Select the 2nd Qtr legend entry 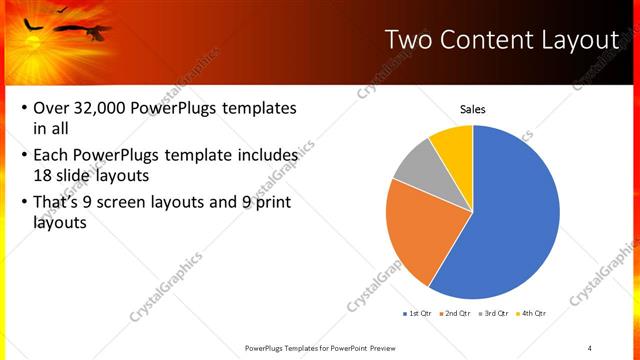pyautogui.click(x=457, y=313)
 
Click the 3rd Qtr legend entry pyautogui.click(x=495, y=313)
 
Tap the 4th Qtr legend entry pyautogui.click(x=533, y=313)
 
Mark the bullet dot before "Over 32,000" pyautogui.click(x=23, y=108)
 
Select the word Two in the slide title pyautogui.click(x=410, y=40)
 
